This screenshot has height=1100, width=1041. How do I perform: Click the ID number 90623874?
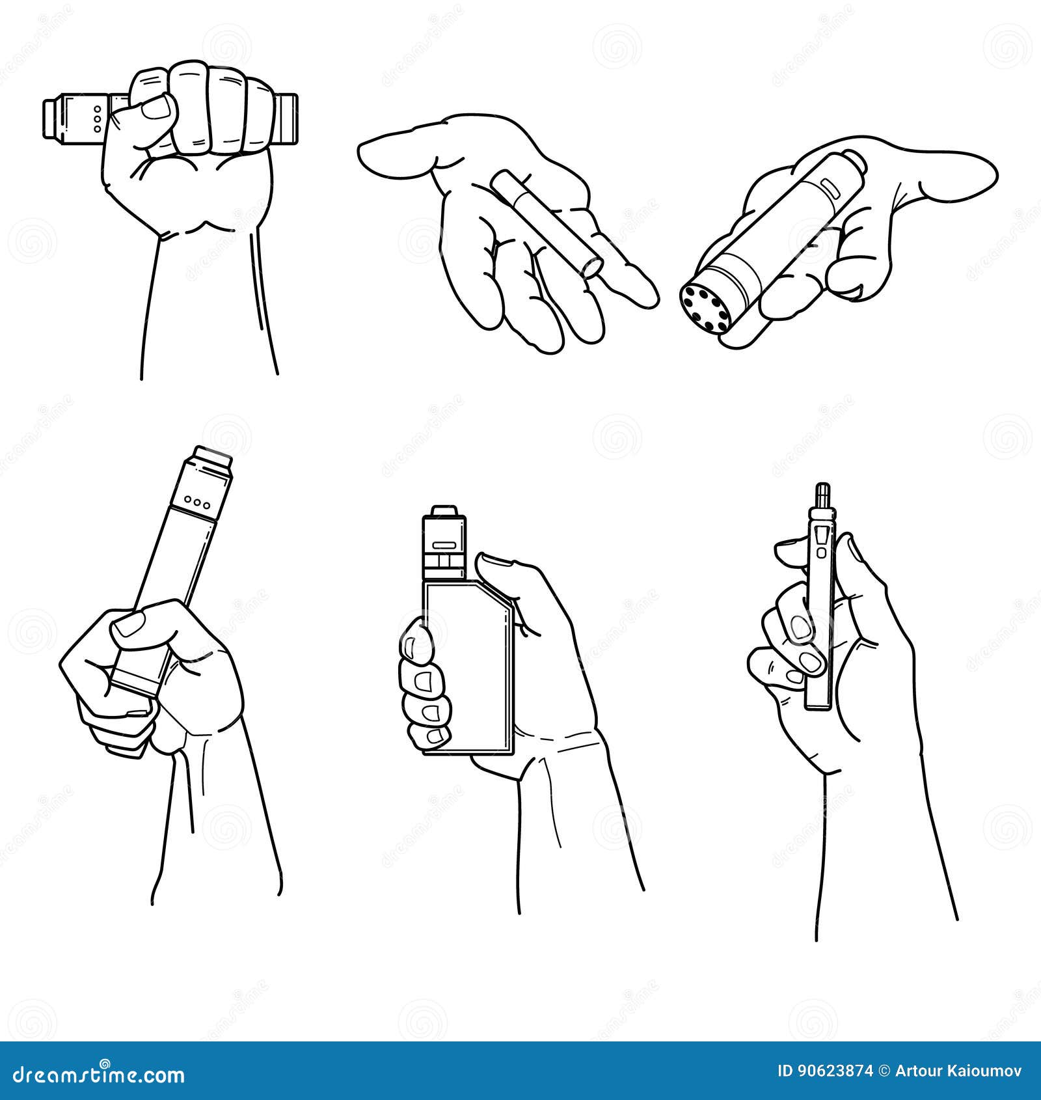[x=835, y=1072]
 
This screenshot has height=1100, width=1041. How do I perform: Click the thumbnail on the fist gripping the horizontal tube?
[x=157, y=108]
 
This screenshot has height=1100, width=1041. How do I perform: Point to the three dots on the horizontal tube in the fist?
[x=96, y=120]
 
